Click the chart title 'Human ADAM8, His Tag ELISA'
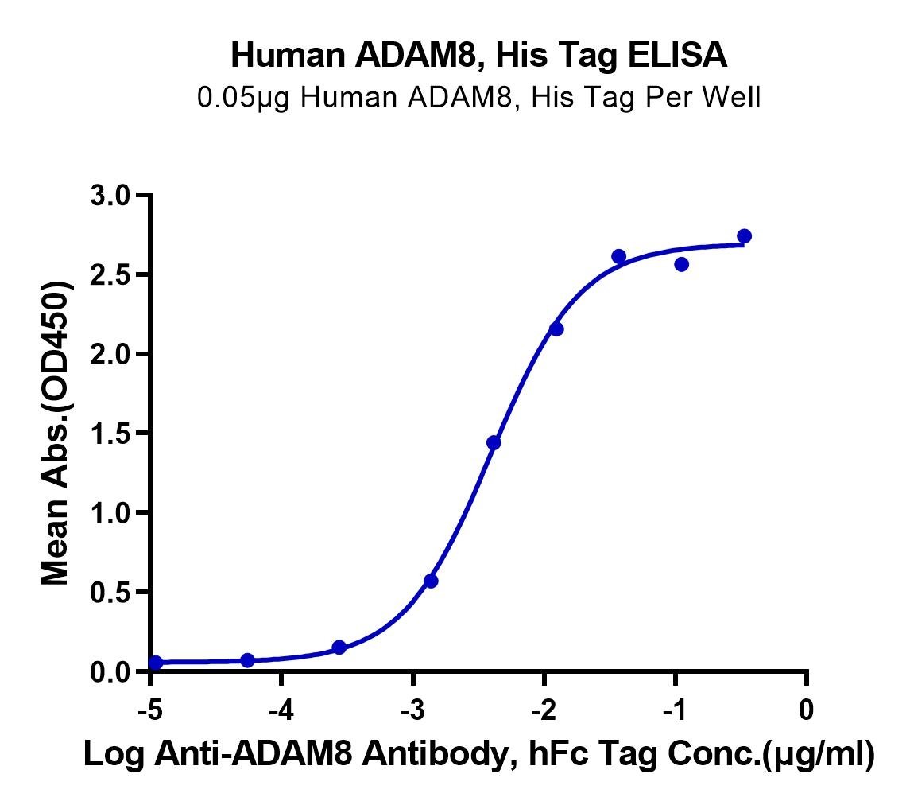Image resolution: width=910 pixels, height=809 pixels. [x=478, y=56]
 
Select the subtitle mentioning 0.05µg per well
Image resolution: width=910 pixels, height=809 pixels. [x=478, y=98]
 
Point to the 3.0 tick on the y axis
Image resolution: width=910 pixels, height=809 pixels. [x=110, y=195]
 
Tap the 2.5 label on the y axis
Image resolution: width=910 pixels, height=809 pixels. [x=110, y=274]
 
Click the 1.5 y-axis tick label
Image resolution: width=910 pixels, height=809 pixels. [x=110, y=434]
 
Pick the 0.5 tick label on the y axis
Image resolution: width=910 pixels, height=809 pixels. [x=110, y=593]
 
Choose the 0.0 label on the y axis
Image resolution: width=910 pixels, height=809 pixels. [x=110, y=672]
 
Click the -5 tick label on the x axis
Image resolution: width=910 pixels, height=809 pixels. [x=150, y=710]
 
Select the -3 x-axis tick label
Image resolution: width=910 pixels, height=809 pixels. [x=412, y=710]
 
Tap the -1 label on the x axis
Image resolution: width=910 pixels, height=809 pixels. [x=675, y=710]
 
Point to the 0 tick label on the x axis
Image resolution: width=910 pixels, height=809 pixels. [x=806, y=710]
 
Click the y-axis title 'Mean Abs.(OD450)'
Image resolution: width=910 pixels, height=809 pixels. [x=56, y=434]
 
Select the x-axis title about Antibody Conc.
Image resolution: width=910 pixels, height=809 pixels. [x=478, y=755]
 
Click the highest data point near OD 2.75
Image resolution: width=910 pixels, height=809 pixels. [x=744, y=236]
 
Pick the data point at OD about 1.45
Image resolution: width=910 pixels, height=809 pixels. [x=494, y=442]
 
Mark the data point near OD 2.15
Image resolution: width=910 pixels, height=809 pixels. [x=556, y=329]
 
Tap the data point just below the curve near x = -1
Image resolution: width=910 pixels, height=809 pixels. [x=682, y=265]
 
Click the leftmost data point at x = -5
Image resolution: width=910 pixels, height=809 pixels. [x=156, y=663]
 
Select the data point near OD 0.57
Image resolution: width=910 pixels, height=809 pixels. [x=431, y=581]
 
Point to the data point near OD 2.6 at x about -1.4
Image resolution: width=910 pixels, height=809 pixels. [x=618, y=256]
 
